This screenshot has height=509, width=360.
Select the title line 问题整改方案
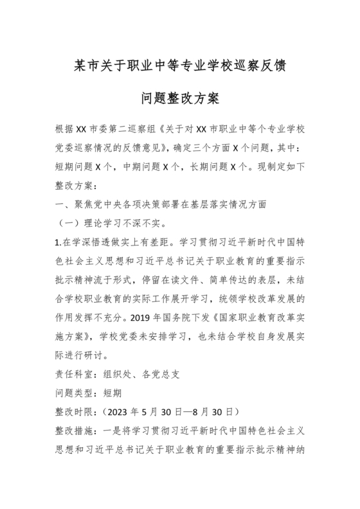(180, 100)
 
